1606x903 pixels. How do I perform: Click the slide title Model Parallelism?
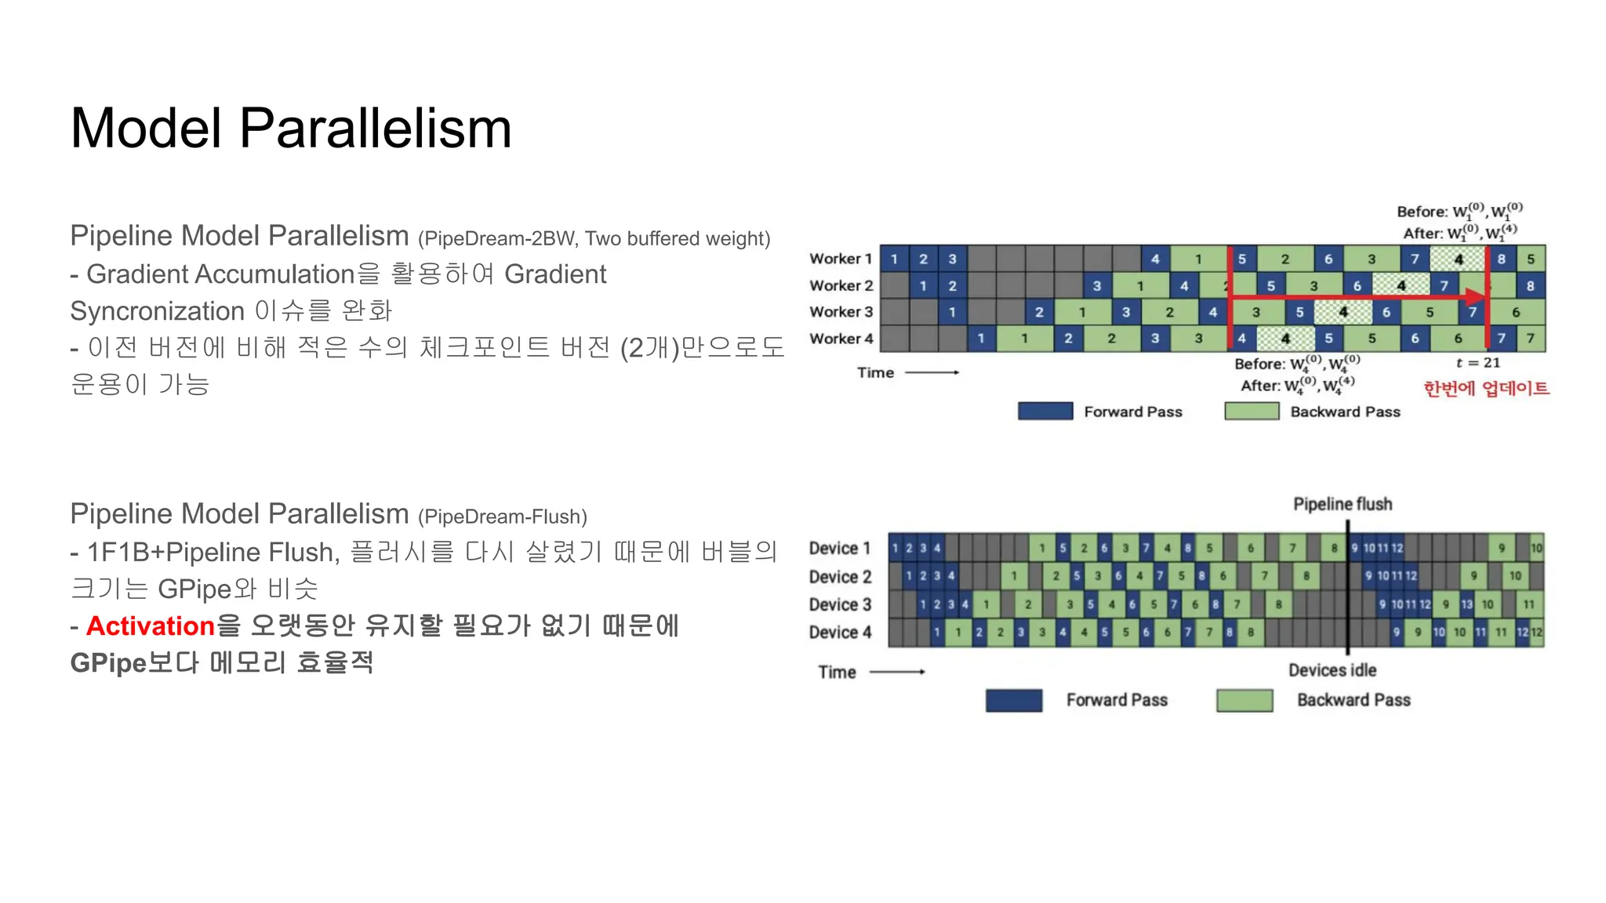pyautogui.click(x=291, y=128)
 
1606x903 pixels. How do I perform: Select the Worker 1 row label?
pyautogui.click(x=841, y=259)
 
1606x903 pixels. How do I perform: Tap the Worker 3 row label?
pyautogui.click(x=841, y=312)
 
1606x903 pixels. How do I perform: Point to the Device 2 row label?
pyautogui.click(x=840, y=577)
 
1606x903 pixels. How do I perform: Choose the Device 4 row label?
pyautogui.click(x=840, y=633)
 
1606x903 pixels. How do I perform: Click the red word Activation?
pyautogui.click(x=151, y=626)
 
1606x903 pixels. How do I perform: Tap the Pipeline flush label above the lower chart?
pyautogui.click(x=1343, y=504)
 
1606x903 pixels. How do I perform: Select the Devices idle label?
pyautogui.click(x=1332, y=670)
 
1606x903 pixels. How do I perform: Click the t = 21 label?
pyautogui.click(x=1477, y=363)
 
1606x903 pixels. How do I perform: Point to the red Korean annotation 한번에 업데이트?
pyautogui.click(x=1486, y=388)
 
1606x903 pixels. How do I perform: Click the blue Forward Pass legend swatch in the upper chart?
pyautogui.click(x=1045, y=412)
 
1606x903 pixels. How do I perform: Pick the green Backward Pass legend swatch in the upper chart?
pyautogui.click(x=1252, y=412)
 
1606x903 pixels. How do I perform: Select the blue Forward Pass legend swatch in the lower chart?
pyautogui.click(x=1014, y=700)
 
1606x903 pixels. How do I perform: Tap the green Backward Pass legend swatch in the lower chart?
pyautogui.click(x=1244, y=700)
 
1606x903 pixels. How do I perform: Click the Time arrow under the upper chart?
pyautogui.click(x=932, y=372)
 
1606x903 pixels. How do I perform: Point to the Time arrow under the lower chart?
pyautogui.click(x=898, y=672)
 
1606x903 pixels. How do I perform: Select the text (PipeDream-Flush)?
pyautogui.click(x=503, y=517)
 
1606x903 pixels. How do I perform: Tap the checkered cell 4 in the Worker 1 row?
pyautogui.click(x=1458, y=259)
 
